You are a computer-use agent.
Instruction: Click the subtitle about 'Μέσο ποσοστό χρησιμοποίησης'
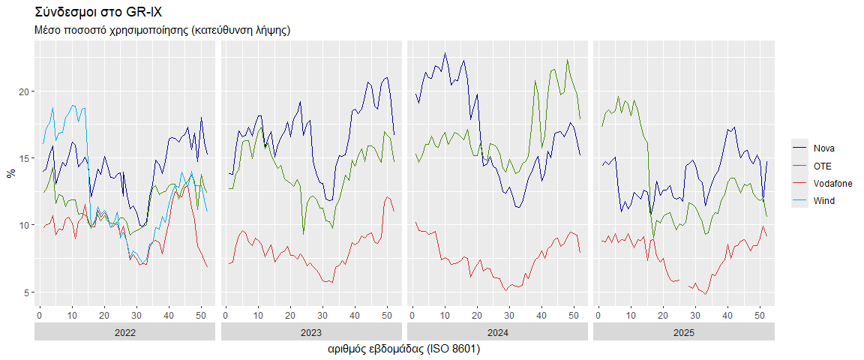click(163, 30)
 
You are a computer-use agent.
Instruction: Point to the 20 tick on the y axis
click(25, 91)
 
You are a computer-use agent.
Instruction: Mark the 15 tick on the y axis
click(25, 158)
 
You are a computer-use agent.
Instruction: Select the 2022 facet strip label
click(124, 333)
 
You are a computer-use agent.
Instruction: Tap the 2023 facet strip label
click(310, 333)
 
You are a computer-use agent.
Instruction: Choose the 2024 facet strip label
click(497, 333)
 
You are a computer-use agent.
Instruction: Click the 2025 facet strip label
click(683, 333)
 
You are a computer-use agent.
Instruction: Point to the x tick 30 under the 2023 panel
click(323, 315)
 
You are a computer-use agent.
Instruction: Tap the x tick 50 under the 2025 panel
click(760, 315)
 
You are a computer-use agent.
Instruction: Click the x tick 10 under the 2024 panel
click(444, 315)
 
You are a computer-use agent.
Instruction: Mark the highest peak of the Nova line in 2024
click(445, 53)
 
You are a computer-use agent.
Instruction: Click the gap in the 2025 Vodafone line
click(684, 283)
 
